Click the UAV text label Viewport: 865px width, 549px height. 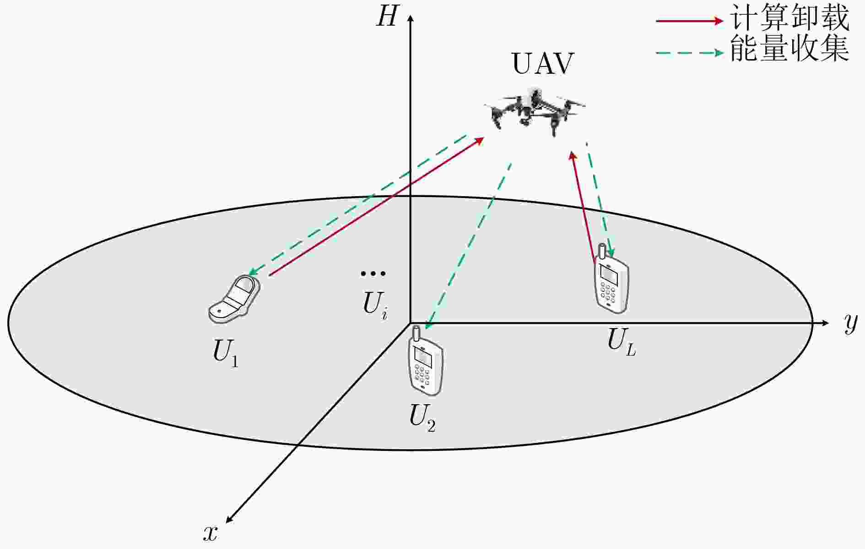point(542,64)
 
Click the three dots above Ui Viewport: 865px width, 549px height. point(373,274)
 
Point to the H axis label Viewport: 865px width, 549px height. point(387,17)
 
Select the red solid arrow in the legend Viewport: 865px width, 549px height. point(690,21)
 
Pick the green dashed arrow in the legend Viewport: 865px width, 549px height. point(690,53)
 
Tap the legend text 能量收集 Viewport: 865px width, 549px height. point(789,48)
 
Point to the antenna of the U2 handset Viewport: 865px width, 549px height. point(416,334)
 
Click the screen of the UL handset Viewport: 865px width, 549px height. point(610,274)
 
